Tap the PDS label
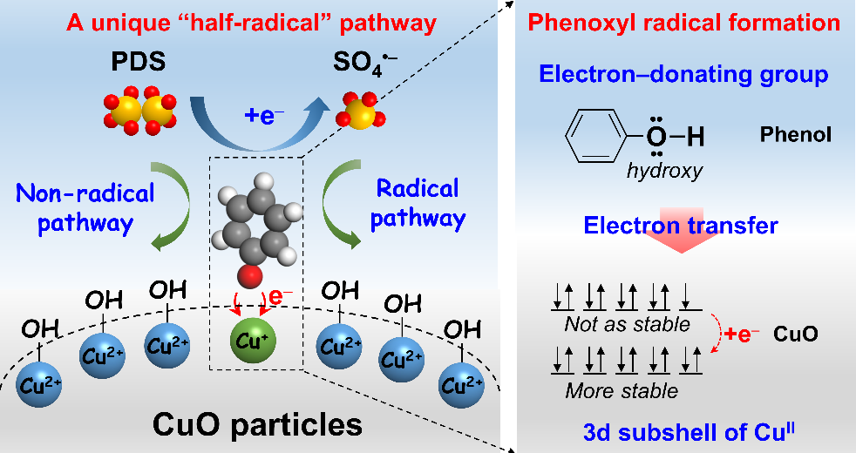pyautogui.click(x=138, y=64)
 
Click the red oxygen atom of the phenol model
pyautogui.click(x=249, y=278)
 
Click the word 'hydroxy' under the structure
pyautogui.click(x=664, y=171)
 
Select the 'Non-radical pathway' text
pyautogui.click(x=85, y=206)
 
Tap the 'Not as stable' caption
pyautogui.click(x=627, y=325)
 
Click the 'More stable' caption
pyautogui.click(x=622, y=390)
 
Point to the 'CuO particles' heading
pyautogui.click(x=257, y=424)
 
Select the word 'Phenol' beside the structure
pyautogui.click(x=796, y=135)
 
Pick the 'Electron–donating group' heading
pyautogui.click(x=683, y=74)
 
